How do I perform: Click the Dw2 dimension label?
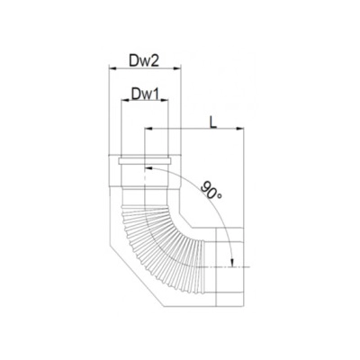coord(144,61)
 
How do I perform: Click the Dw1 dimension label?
coord(145,94)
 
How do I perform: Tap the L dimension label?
coord(212,122)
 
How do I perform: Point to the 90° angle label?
coord(211,191)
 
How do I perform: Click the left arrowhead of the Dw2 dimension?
coord(112,68)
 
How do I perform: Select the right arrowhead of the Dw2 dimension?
coord(177,68)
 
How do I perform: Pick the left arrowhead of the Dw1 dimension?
coord(124,101)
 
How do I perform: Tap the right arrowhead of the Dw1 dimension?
coord(165,101)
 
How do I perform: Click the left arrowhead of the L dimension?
coord(148,129)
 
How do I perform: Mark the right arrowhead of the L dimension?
coord(239,129)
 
